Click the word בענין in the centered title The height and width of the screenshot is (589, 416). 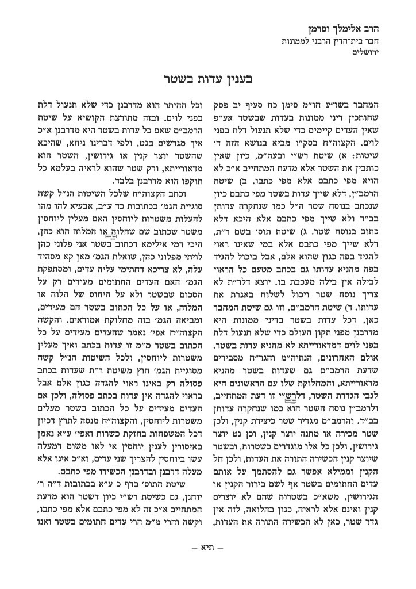click(x=241, y=78)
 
